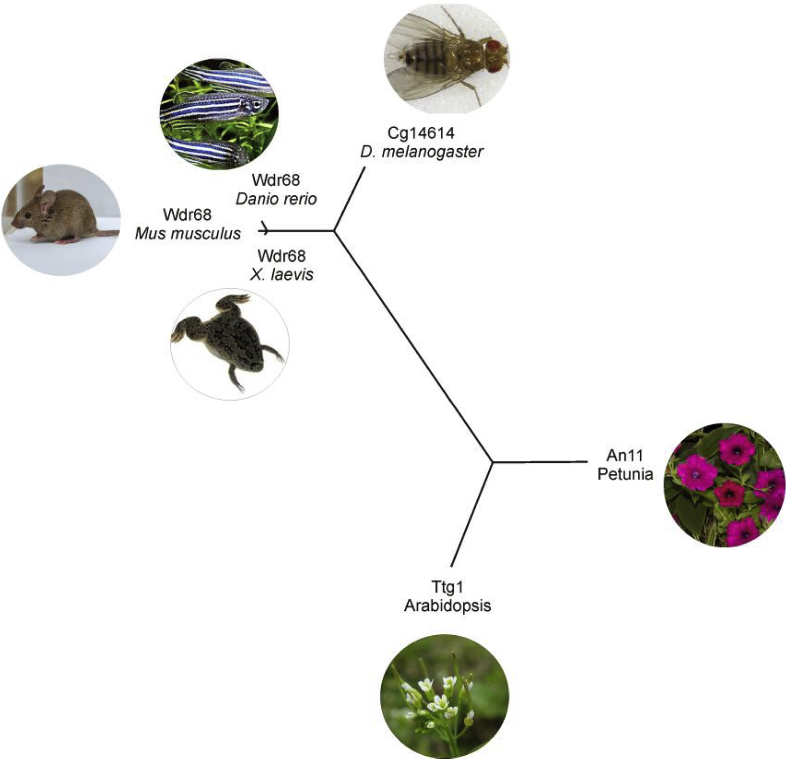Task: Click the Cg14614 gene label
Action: tap(421, 133)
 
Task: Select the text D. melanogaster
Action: tap(421, 152)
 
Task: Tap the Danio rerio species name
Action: tap(276, 199)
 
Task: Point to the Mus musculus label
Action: tap(188, 233)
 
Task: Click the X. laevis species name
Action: tap(281, 275)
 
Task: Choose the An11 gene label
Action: tap(625, 455)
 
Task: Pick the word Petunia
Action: tap(625, 474)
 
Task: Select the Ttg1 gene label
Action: tap(447, 587)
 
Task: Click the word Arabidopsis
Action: tap(447, 605)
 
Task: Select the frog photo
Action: tap(230, 344)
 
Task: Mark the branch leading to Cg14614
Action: tap(350, 199)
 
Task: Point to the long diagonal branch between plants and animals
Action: tap(413, 347)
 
